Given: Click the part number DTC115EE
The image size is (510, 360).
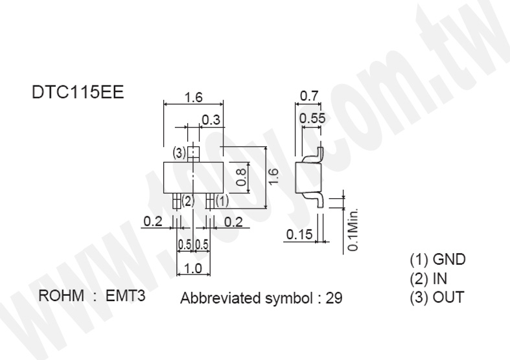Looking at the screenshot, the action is tap(78, 93).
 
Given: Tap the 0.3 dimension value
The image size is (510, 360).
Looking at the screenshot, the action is tap(211, 120).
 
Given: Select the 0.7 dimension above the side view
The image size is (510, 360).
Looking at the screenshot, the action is tap(309, 96).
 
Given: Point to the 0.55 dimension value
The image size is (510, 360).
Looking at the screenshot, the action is tap(312, 118).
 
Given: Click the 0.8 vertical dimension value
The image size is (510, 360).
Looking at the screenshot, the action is tap(241, 177).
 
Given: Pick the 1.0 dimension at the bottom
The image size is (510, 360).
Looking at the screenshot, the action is tap(193, 269).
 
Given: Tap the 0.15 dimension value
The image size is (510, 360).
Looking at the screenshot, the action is tap(299, 234).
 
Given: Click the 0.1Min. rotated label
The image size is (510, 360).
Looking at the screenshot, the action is tap(353, 229).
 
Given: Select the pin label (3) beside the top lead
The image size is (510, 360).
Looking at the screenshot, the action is tap(180, 152).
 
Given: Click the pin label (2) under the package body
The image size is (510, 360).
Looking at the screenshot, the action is tap(188, 201).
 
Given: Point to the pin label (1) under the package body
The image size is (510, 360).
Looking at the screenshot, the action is tap(222, 201).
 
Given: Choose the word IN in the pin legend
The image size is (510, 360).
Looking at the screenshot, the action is tap(440, 278).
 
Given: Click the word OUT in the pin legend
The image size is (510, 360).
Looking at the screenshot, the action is tap(448, 297).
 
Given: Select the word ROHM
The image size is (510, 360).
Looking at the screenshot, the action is tap(61, 296).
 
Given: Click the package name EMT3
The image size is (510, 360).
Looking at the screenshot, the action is tap(125, 296).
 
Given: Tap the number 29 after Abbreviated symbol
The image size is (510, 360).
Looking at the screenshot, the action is tap(334, 298).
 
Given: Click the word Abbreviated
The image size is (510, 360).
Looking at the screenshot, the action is tap(221, 298).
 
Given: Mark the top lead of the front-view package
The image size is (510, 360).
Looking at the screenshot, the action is tap(194, 154).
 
